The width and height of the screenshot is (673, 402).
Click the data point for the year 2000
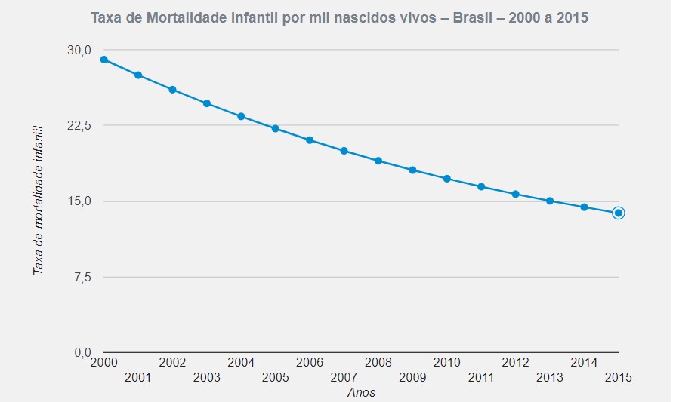104,60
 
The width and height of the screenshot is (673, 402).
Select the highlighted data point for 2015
618,213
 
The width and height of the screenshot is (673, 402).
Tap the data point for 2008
378,161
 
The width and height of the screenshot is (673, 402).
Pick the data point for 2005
276,128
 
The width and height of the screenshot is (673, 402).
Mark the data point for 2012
516,194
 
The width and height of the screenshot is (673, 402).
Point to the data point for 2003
207,103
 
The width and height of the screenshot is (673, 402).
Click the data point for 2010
447,179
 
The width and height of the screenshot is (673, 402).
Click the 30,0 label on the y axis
79,50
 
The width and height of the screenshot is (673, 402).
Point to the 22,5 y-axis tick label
79,125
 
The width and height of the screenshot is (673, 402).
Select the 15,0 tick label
79,201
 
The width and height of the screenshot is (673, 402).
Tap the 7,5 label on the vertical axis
82,277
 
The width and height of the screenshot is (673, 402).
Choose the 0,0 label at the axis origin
82,352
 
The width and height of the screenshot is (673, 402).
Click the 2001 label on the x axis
138,376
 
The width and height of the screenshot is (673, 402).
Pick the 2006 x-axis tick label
310,362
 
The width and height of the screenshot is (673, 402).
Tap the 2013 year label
550,376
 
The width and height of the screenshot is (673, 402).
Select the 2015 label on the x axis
618,376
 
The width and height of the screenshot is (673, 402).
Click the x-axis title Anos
361,392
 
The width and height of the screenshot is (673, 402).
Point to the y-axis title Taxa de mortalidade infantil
38,201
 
